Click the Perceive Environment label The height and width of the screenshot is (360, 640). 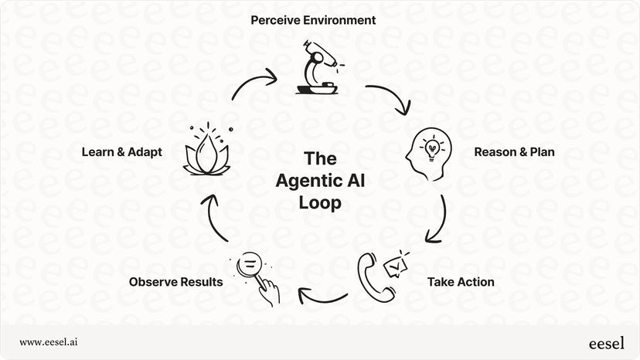[x=313, y=20]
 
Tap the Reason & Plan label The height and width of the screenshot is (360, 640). [x=514, y=152]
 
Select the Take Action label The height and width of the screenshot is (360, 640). [x=461, y=282]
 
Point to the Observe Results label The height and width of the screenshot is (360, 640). [x=176, y=282]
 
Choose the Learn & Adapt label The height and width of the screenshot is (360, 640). [x=122, y=152]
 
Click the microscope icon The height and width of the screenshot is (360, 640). [x=317, y=70]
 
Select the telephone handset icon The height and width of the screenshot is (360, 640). [x=374, y=280]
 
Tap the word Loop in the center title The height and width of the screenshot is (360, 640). [x=319, y=204]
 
